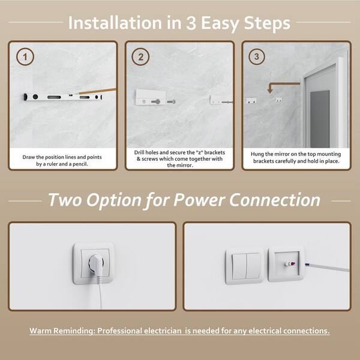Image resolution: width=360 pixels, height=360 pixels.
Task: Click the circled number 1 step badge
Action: coord(25,57)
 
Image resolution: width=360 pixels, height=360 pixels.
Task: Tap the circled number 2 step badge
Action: coord(140,57)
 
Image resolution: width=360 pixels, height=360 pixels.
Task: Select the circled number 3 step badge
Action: coord(257,56)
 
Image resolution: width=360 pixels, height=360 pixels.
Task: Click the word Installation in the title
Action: coord(115,23)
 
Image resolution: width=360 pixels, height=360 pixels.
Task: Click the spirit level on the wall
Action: coord(63,97)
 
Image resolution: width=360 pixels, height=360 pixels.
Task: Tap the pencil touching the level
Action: coord(97,91)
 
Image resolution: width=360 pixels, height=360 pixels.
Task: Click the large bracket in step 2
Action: coord(151,97)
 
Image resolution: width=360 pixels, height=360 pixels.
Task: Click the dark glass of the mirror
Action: coord(320,119)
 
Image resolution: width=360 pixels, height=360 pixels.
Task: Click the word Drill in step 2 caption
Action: coord(139,152)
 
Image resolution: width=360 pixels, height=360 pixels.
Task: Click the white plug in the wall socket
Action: coord(96,263)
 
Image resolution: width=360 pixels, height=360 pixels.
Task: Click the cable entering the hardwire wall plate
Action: coord(327,267)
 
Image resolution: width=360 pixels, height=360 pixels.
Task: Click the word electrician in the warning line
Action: coord(163,331)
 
